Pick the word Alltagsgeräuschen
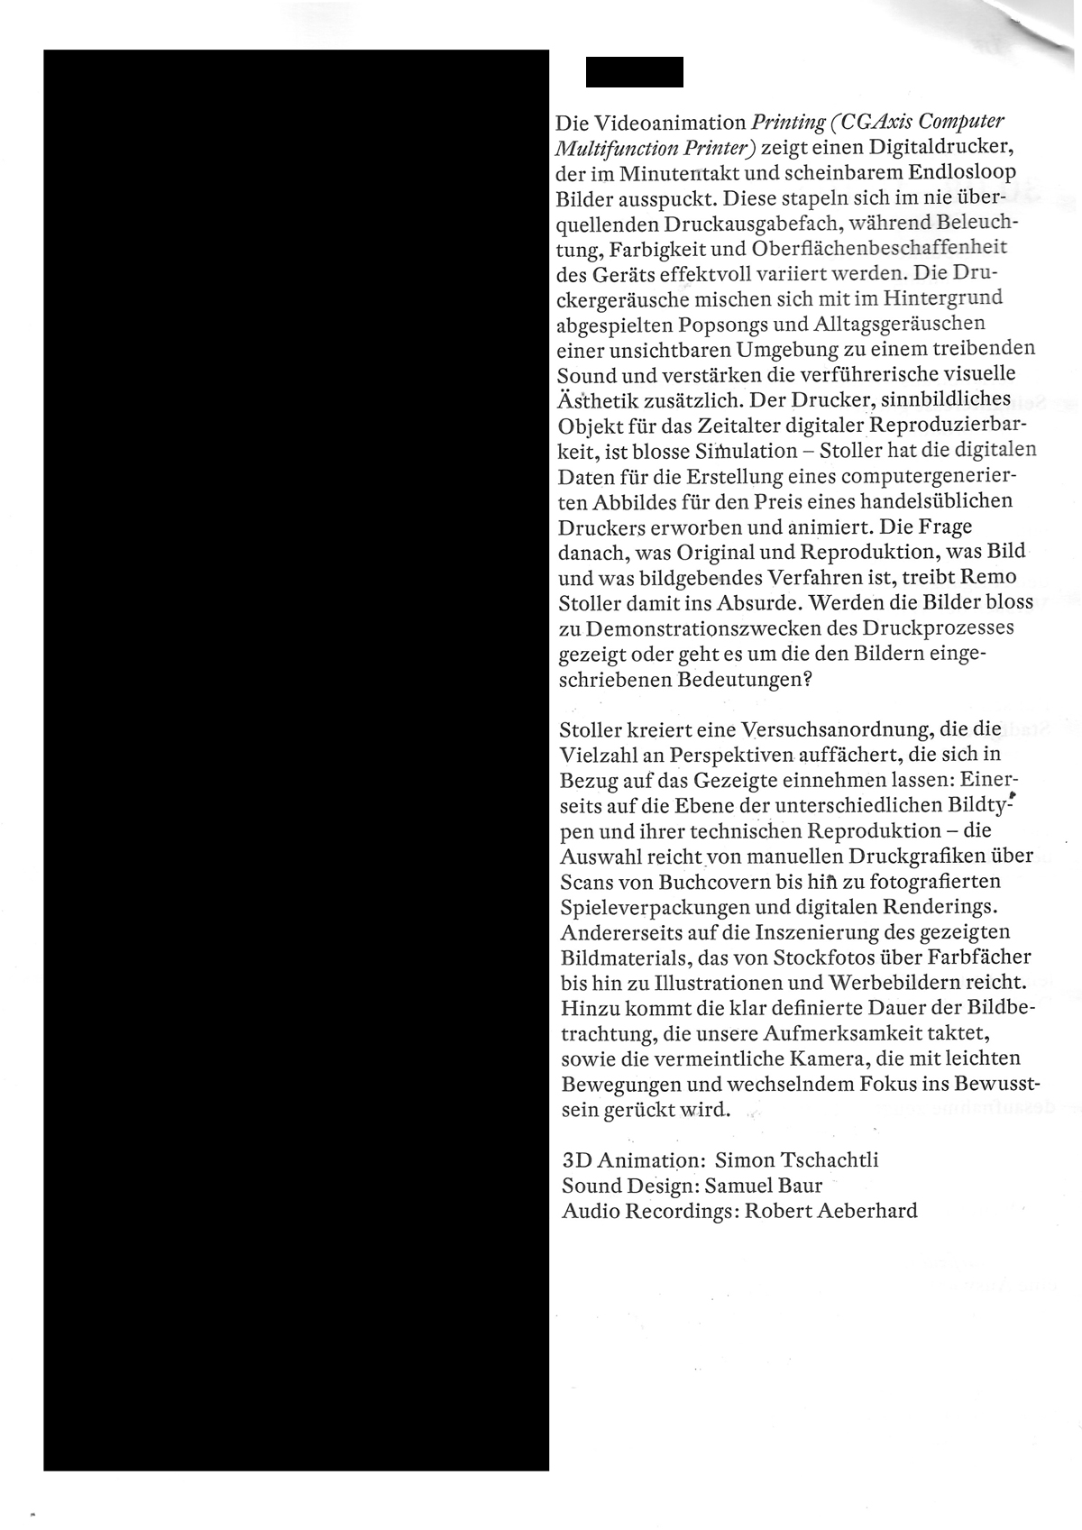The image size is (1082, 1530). pos(896,323)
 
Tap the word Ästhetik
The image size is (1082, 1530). pos(597,399)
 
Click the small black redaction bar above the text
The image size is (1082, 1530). pos(634,72)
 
